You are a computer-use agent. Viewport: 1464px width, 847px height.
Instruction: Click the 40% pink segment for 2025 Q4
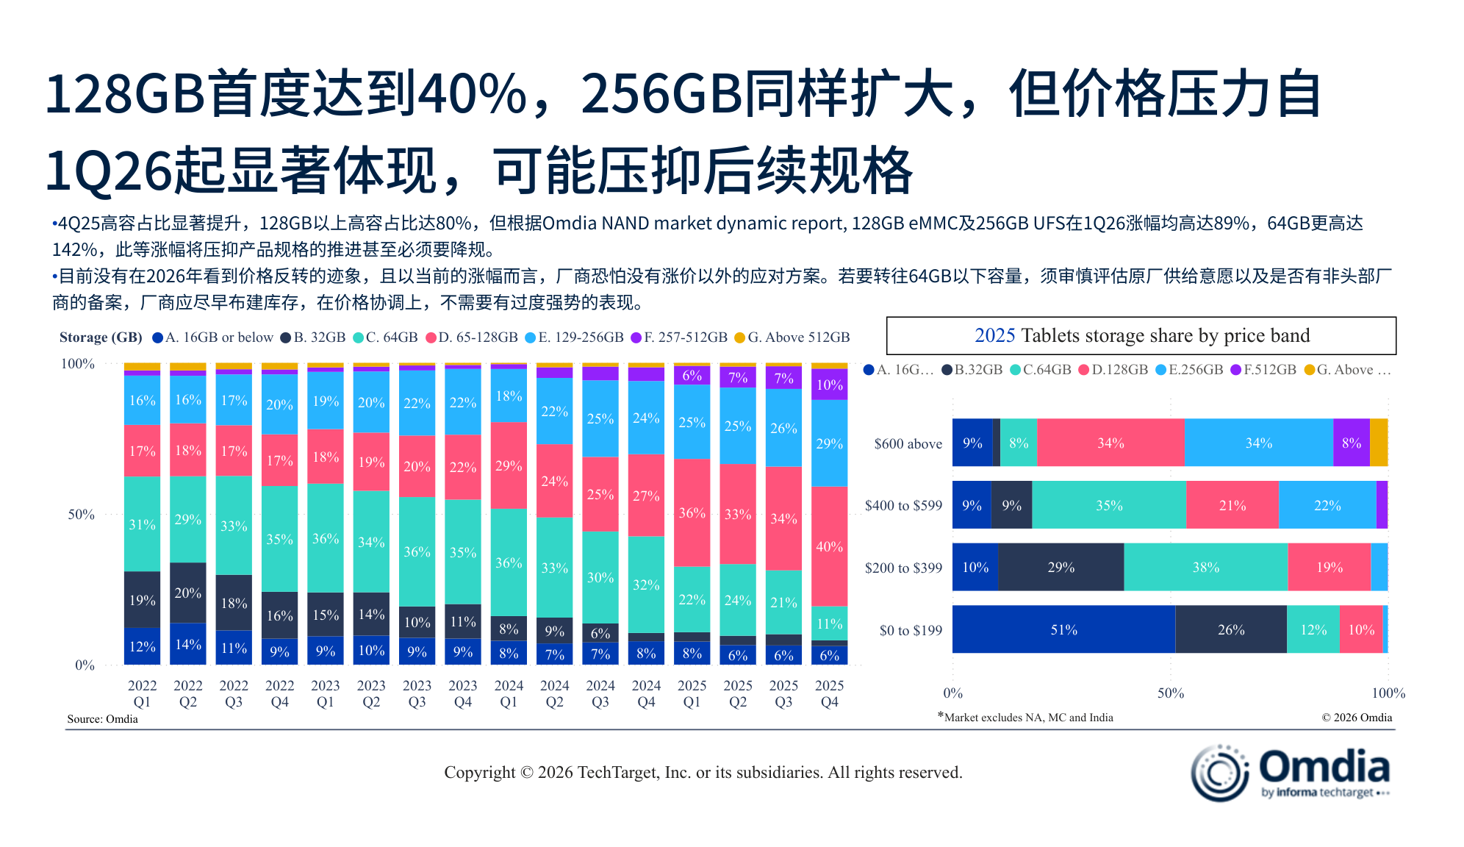[x=829, y=546]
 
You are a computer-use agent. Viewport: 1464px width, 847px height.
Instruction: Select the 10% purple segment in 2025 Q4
[x=829, y=385]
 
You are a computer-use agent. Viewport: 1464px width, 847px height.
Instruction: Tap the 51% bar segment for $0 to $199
[x=1063, y=629]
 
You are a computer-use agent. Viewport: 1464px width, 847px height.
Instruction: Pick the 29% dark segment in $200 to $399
[x=1061, y=567]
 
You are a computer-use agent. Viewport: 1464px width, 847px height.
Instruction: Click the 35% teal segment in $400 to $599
[x=1108, y=505]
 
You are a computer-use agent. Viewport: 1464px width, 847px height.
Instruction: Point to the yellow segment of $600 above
[x=1378, y=443]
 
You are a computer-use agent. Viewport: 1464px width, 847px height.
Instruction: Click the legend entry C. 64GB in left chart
[x=385, y=337]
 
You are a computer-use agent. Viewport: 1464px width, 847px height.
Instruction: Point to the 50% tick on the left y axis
[x=82, y=515]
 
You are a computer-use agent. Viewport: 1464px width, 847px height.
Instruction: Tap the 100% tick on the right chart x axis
[x=1388, y=693]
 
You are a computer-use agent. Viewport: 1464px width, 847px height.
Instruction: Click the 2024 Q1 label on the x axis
[x=509, y=693]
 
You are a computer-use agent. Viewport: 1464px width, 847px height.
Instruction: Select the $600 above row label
[x=908, y=443]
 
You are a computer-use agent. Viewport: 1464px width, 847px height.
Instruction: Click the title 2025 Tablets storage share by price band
[x=1141, y=336]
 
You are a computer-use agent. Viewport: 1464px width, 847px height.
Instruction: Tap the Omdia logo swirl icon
[x=1219, y=773]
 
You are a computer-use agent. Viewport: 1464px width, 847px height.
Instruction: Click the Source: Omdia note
[x=102, y=719]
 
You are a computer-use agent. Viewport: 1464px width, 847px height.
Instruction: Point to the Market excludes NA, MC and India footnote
[x=1027, y=718]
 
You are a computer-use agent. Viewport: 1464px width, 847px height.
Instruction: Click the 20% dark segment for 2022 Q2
[x=187, y=593]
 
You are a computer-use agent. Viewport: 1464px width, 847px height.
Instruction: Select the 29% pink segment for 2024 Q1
[x=509, y=465]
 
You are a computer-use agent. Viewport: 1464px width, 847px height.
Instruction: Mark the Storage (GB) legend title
[x=101, y=337]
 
